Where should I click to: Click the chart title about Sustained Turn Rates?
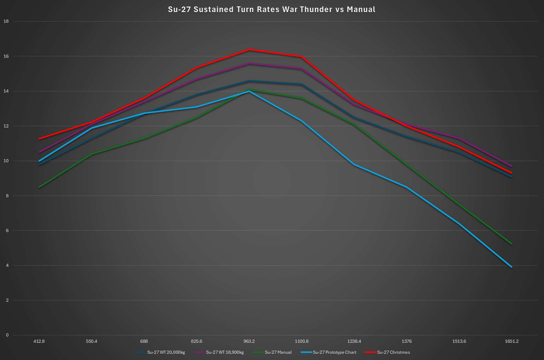[272, 9]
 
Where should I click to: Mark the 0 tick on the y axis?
[7, 335]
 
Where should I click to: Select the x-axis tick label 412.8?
[39, 341]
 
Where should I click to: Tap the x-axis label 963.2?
[249, 341]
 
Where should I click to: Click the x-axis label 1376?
[407, 341]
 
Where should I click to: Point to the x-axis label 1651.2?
[512, 341]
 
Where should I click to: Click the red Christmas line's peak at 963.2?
[249, 49]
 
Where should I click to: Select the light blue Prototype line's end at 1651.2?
[512, 267]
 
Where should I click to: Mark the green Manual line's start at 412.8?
[39, 187]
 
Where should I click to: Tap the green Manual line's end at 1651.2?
[512, 244]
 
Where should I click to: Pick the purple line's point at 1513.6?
[459, 138]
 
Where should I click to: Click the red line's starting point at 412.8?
[39, 139]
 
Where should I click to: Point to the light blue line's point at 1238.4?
[354, 164]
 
